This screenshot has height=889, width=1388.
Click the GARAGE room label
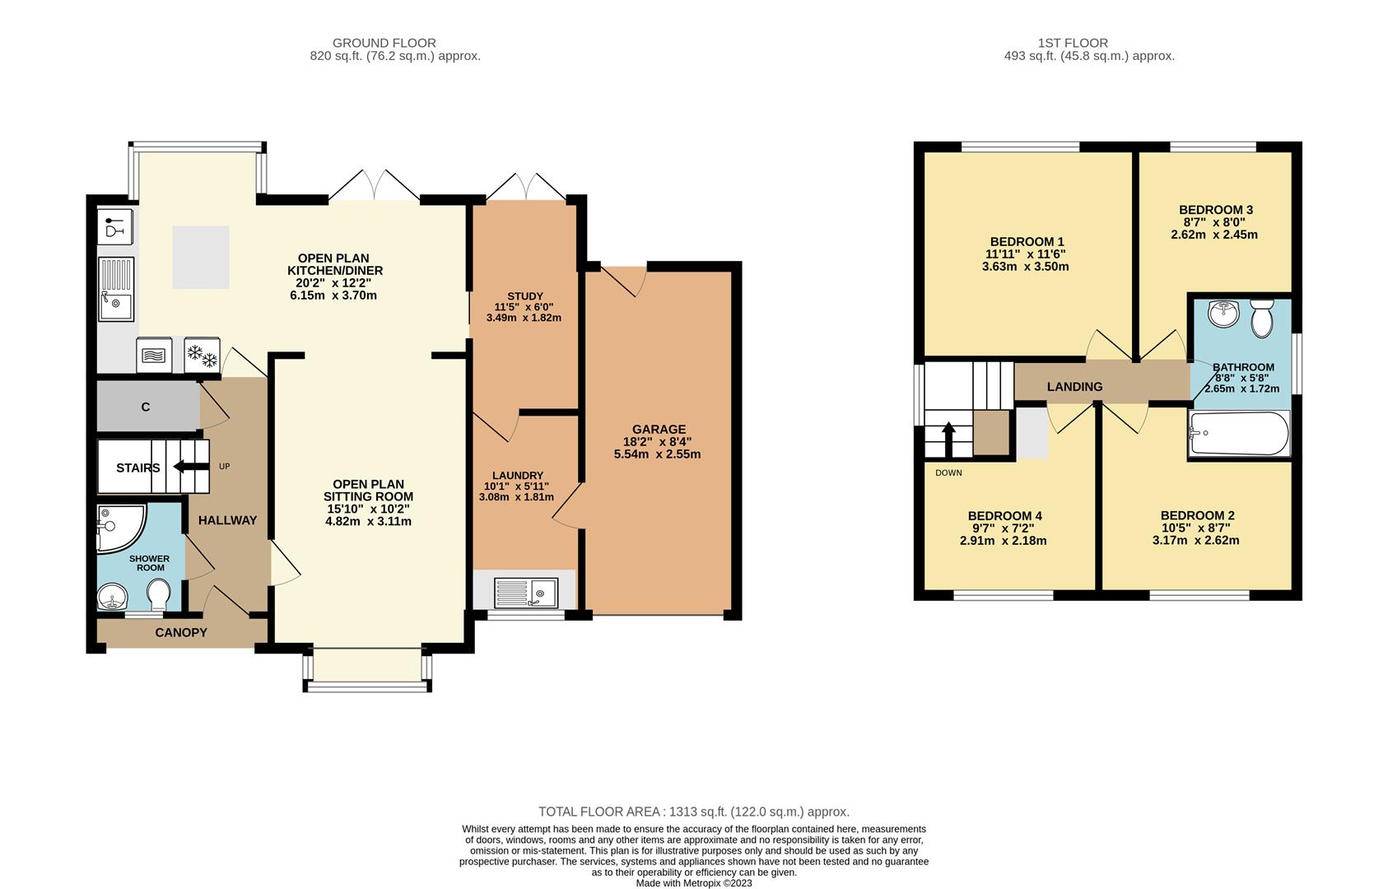click(x=659, y=430)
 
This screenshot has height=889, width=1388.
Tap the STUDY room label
click(x=525, y=296)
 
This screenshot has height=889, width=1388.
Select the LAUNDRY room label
click(x=517, y=476)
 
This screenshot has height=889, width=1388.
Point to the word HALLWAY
click(x=227, y=520)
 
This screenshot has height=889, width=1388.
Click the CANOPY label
click(x=181, y=632)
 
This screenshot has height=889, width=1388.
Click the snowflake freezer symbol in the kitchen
click(x=202, y=355)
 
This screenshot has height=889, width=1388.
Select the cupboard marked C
click(x=148, y=407)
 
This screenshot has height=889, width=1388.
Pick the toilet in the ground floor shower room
click(x=159, y=596)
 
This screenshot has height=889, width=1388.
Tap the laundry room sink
click(x=526, y=593)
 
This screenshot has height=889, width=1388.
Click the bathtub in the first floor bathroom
click(x=1239, y=434)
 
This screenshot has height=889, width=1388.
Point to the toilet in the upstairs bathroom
click(x=1261, y=319)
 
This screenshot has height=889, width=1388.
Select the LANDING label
click(x=1074, y=387)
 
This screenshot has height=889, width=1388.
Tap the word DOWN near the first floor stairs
click(x=948, y=472)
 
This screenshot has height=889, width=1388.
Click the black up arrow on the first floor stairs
click(x=948, y=440)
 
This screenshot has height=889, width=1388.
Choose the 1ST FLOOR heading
click(x=1073, y=43)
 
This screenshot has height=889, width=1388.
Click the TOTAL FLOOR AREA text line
click(x=694, y=812)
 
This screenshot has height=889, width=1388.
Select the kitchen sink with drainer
click(x=116, y=289)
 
